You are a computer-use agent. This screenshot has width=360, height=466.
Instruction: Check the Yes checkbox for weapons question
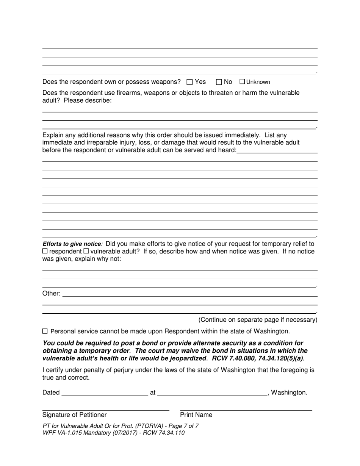point(190,82)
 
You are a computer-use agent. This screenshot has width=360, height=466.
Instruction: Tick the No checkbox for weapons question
point(219,82)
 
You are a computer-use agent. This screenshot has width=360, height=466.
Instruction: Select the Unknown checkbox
point(243,82)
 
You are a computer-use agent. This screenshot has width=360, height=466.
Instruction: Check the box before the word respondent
point(45,251)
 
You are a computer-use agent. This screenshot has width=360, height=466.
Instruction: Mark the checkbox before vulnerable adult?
point(86,251)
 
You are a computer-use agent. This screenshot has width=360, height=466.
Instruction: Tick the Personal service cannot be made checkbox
point(45,331)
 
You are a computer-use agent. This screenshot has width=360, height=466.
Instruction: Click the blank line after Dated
point(105,393)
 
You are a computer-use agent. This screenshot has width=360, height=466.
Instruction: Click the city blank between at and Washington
point(212,393)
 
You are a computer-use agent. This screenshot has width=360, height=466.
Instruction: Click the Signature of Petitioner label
point(75,415)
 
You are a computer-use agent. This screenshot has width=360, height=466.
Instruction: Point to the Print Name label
point(196,415)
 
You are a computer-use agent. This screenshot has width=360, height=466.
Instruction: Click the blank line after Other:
point(189,294)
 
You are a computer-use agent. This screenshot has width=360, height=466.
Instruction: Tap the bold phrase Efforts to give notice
point(72,244)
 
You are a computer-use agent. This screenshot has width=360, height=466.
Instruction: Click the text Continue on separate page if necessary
point(258,320)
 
